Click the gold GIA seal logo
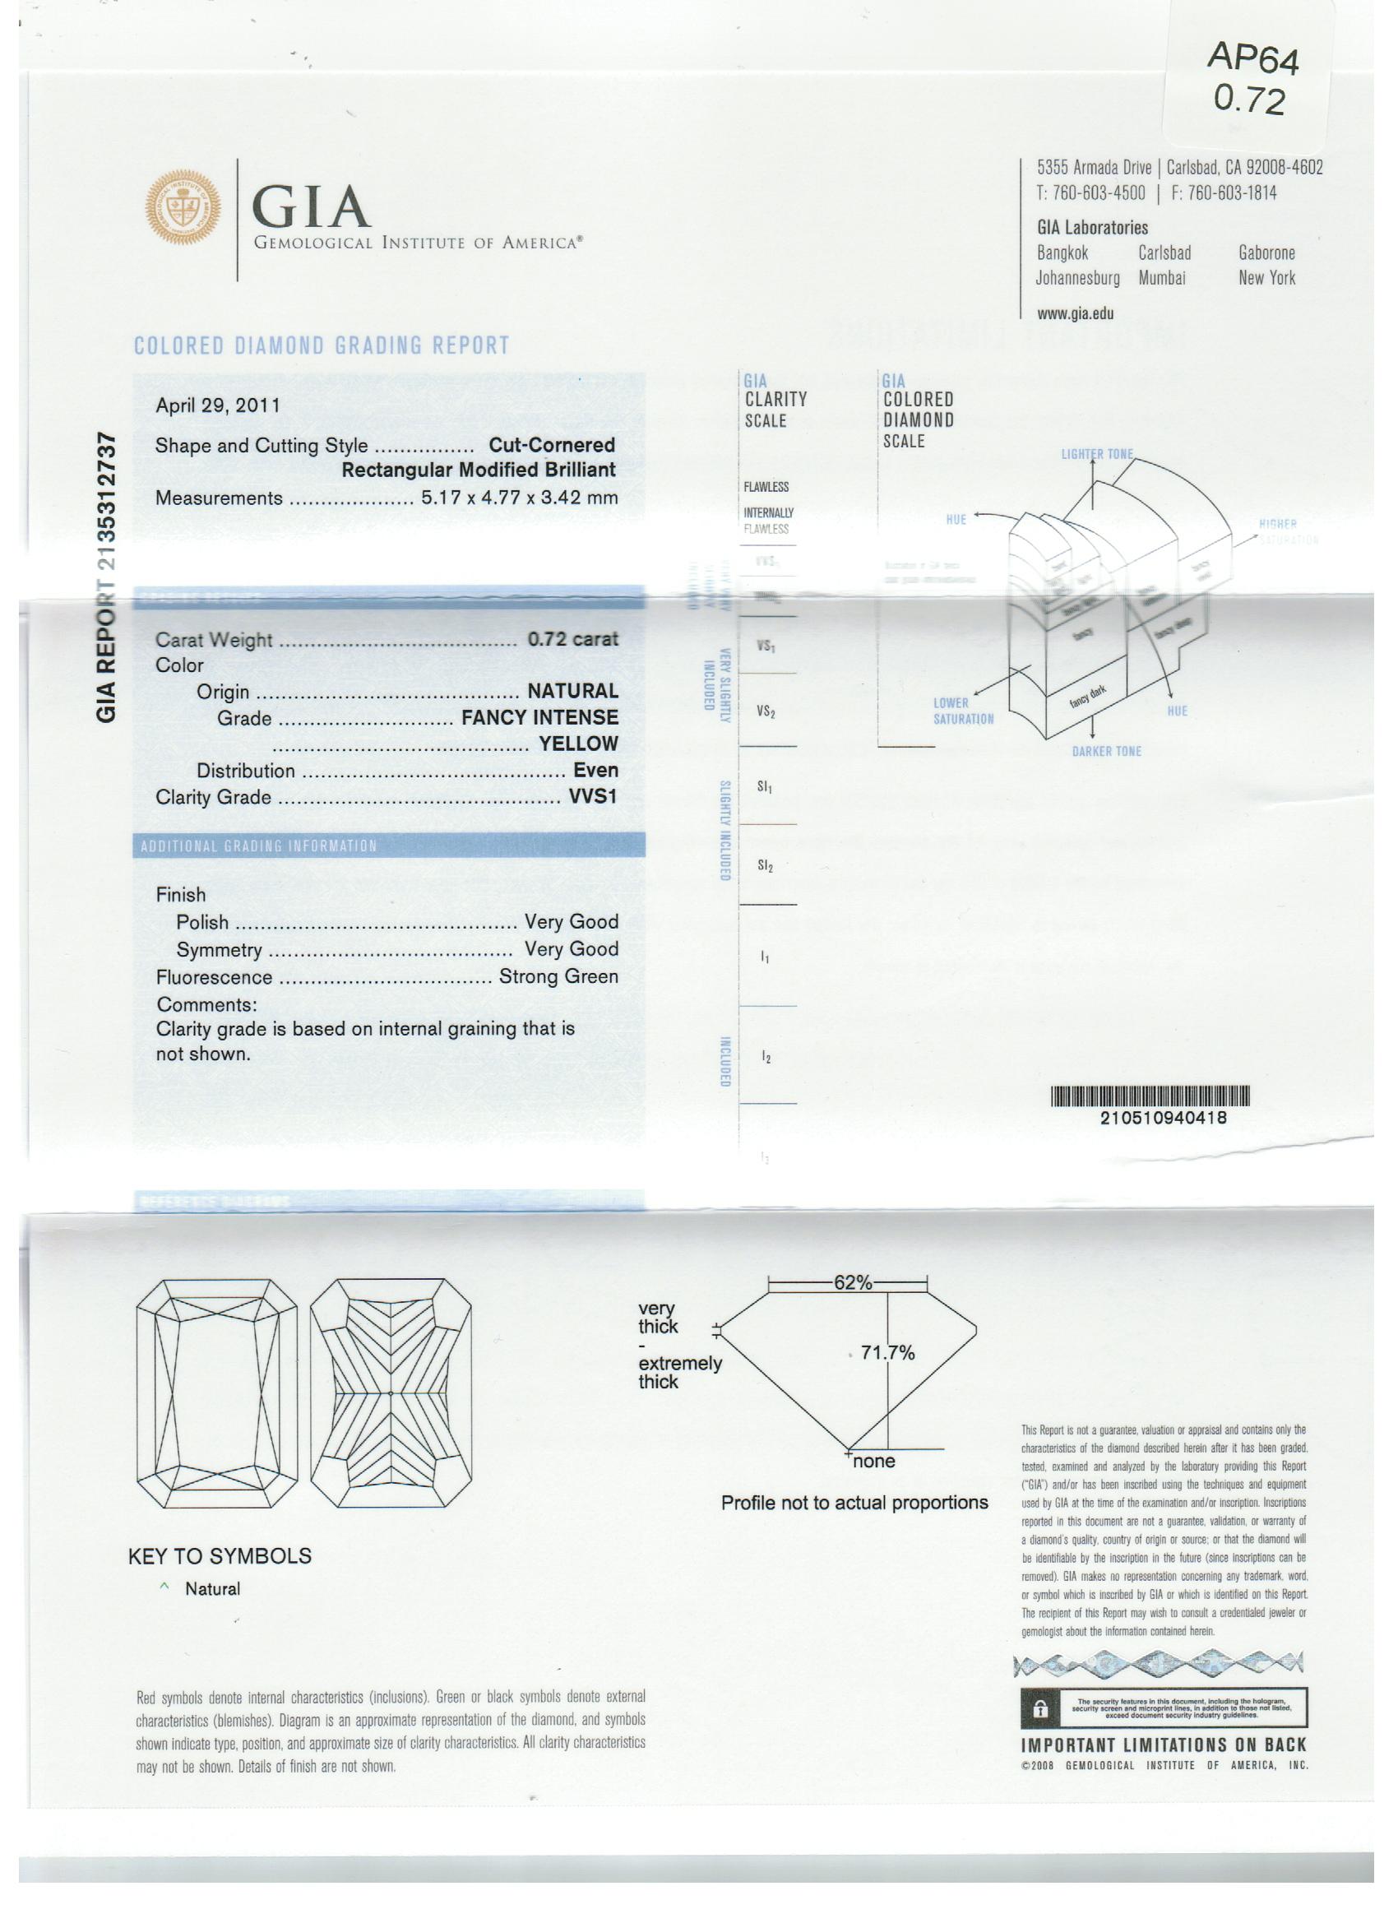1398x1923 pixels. tap(184, 207)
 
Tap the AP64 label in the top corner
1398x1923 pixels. tap(1252, 58)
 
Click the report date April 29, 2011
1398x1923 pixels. tap(217, 405)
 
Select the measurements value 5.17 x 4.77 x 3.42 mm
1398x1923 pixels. tap(519, 498)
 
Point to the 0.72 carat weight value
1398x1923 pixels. tap(572, 638)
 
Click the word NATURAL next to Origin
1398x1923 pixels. tap(572, 691)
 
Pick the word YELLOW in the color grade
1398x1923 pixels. tap(578, 744)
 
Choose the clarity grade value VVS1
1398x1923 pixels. tap(593, 796)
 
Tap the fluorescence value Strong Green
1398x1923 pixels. tap(558, 976)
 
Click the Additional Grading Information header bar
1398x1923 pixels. tap(388, 846)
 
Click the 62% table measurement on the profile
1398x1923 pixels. tap(852, 1282)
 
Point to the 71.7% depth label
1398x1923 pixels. tap(887, 1352)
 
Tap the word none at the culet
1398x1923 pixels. tap(874, 1461)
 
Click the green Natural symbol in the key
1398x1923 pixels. tap(164, 1587)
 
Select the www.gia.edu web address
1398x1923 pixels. tap(1075, 313)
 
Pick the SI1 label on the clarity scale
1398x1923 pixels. tap(765, 787)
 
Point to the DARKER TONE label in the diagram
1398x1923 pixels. tap(1106, 751)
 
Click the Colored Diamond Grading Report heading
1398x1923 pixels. tap(322, 346)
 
